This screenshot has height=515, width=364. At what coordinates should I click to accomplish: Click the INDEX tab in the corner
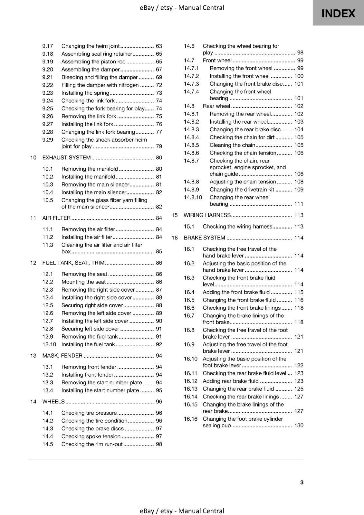338,14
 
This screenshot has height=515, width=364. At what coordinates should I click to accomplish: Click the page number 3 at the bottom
302,482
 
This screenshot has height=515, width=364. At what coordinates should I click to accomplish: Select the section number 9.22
48,85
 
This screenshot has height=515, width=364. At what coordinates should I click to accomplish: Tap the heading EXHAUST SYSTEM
66,157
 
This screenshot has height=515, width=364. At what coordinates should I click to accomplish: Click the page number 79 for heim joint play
159,146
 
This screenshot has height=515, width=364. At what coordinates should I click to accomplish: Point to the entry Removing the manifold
90,169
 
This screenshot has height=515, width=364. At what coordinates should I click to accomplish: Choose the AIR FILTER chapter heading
56,218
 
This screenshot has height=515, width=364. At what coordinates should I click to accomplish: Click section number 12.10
49,344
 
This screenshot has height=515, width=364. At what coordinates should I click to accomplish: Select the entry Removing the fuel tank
90,337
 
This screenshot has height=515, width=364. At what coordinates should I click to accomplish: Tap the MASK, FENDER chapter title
62,356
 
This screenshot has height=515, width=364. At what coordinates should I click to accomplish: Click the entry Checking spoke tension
91,436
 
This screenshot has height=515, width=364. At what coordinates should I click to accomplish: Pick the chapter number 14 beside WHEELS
33,402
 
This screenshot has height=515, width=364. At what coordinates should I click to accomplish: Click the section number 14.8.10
193,197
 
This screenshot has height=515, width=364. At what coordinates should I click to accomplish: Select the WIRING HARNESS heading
207,215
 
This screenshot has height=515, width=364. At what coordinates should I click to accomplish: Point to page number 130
299,426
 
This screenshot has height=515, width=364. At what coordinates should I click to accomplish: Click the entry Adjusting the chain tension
243,182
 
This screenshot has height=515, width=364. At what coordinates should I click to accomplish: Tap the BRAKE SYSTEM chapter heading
204,238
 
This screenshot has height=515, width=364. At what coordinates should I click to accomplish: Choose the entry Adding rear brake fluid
231,381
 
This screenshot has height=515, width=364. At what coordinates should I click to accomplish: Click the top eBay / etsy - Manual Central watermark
182,7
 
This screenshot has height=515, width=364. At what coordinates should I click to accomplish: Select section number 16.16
190,419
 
